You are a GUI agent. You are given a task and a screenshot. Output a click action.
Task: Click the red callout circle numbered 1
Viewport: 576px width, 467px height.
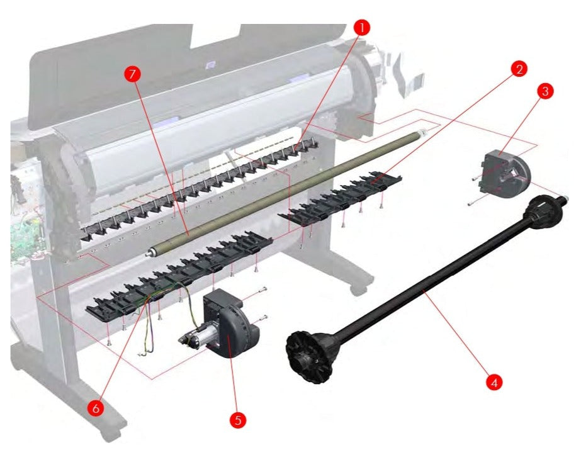click(361, 27)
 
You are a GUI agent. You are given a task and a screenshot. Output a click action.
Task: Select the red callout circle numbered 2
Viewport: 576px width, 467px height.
click(518, 69)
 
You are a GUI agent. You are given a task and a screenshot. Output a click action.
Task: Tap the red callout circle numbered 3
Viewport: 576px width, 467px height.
click(546, 91)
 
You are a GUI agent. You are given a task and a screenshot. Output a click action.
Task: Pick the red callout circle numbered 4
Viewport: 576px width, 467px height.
click(494, 381)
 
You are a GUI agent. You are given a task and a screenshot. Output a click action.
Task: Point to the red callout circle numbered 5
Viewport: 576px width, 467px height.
click(237, 420)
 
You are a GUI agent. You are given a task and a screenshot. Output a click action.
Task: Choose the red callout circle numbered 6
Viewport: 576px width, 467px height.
click(95, 408)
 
